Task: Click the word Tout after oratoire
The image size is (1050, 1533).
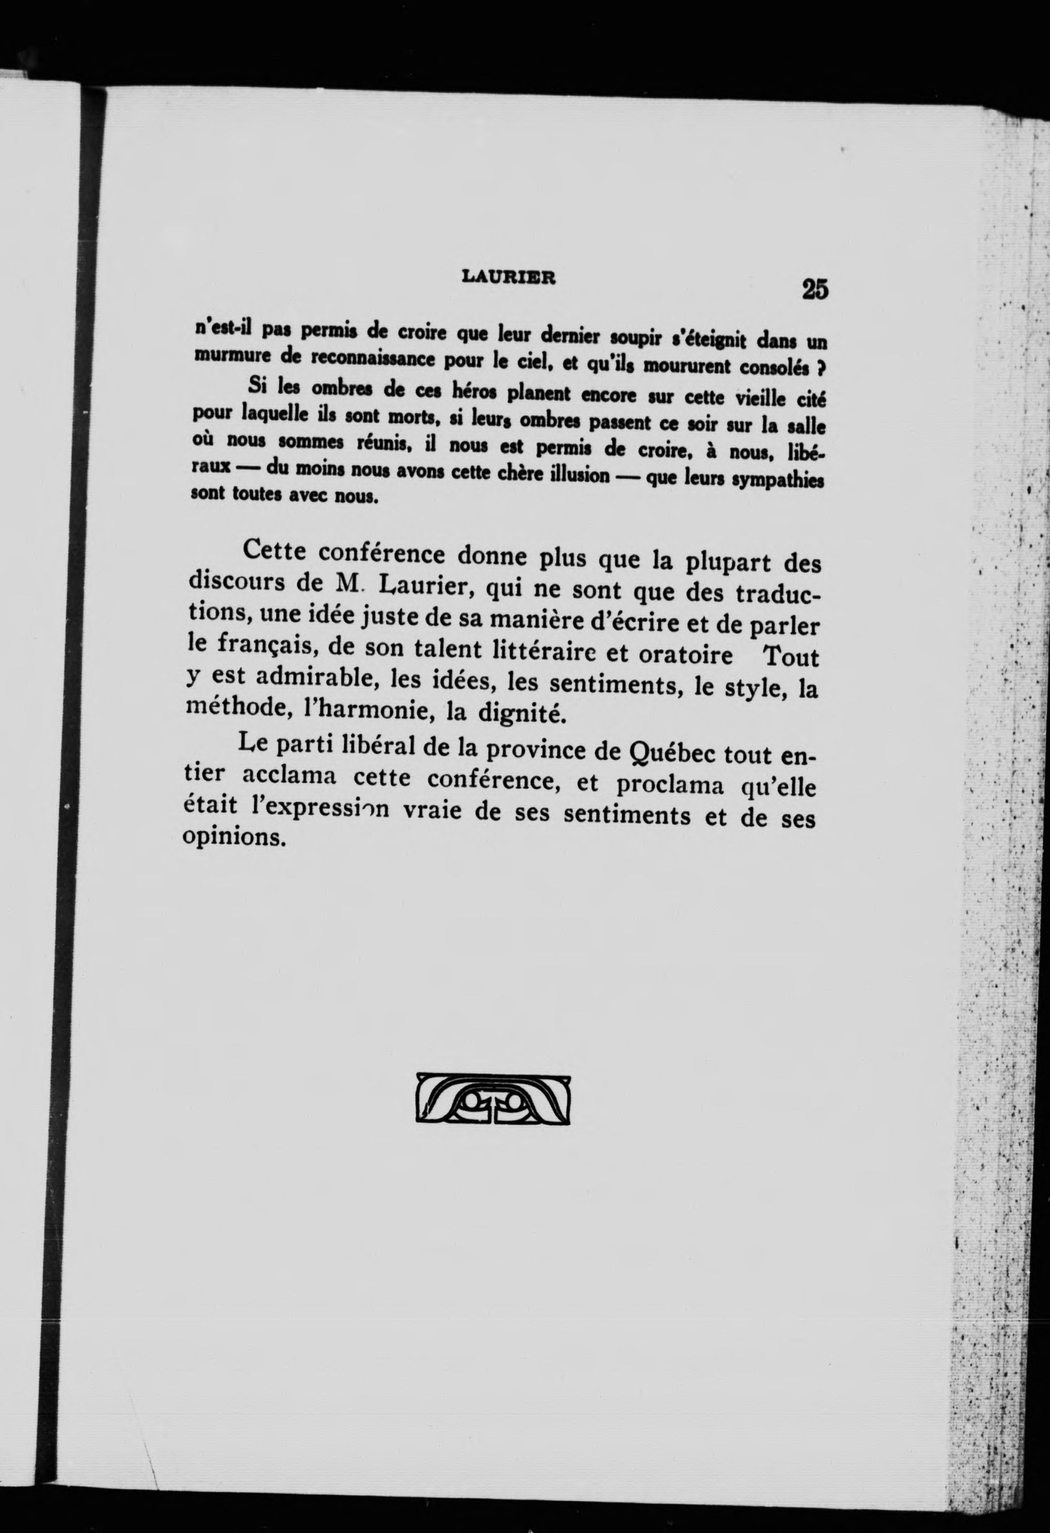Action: tap(790, 657)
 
